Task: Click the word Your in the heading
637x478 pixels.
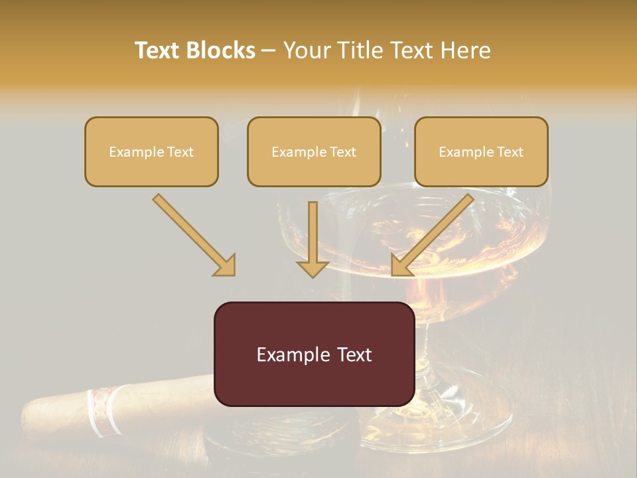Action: [x=308, y=50]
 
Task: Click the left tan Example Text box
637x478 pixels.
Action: [x=151, y=152]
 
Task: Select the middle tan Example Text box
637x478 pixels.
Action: [x=314, y=152]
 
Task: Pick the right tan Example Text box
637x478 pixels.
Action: [x=481, y=152]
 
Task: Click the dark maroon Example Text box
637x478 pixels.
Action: [x=314, y=354]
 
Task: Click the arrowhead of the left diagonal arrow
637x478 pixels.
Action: [x=225, y=265]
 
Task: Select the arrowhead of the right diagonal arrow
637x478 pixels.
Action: [x=402, y=265]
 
